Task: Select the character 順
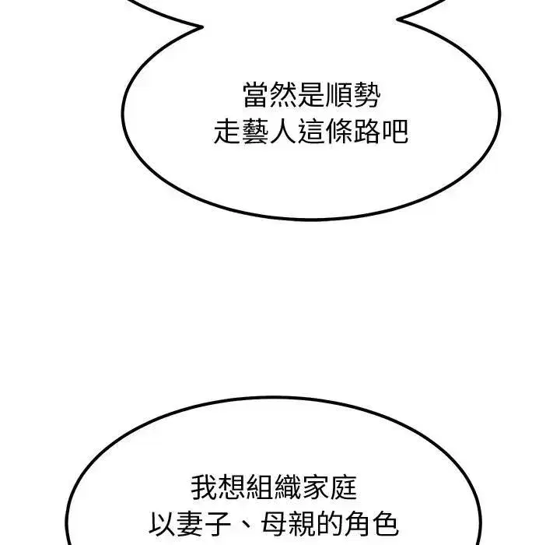(x=339, y=95)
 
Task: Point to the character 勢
(x=367, y=95)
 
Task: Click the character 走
(x=227, y=132)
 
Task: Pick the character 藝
(x=254, y=132)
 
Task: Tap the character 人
(x=282, y=132)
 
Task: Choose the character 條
(x=338, y=132)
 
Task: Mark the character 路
(x=366, y=132)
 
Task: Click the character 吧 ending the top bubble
(x=394, y=132)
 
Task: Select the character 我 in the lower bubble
(x=205, y=487)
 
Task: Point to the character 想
(x=232, y=487)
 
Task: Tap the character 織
(x=288, y=487)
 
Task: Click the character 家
(x=316, y=487)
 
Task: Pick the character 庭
(x=344, y=487)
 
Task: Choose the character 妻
(x=190, y=524)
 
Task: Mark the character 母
(x=274, y=524)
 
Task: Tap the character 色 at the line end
(x=386, y=524)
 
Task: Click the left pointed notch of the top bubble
(x=202, y=26)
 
